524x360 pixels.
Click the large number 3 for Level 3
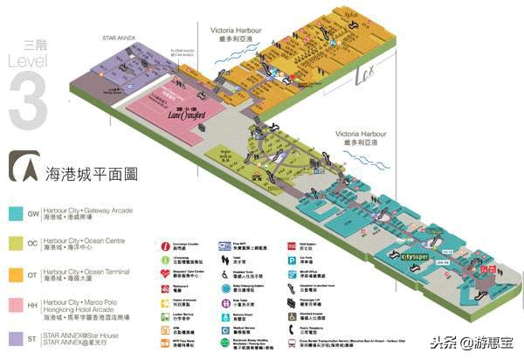click(x=27, y=97)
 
